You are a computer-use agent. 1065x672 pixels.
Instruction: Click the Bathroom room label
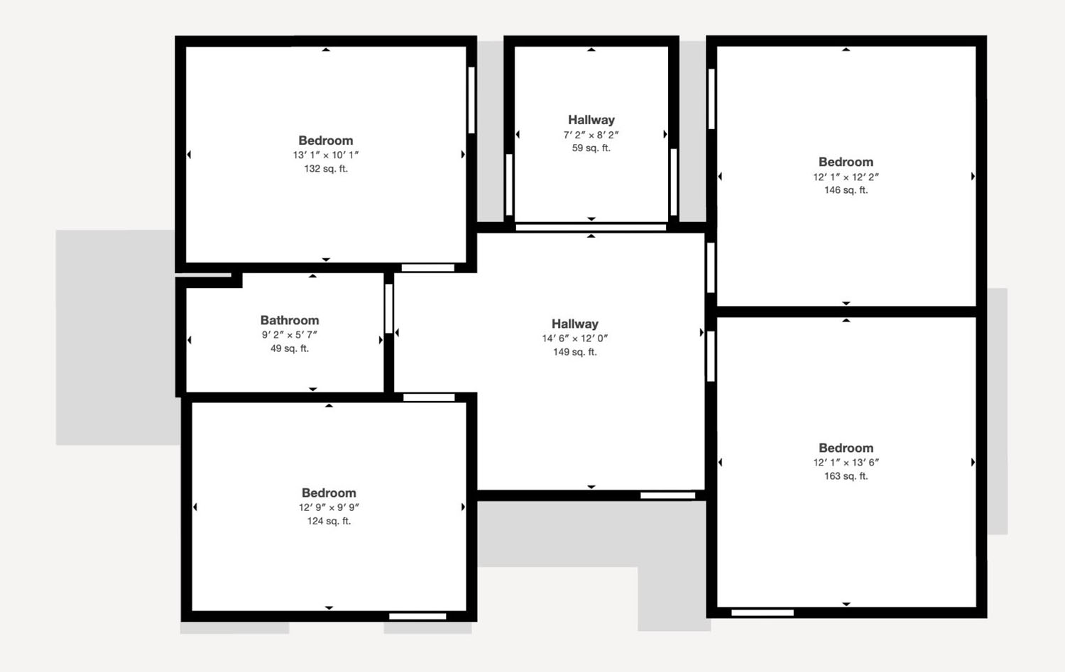290,320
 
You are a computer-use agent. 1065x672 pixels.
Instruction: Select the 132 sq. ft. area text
326,169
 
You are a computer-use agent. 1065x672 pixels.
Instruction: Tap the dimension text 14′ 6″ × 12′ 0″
575,338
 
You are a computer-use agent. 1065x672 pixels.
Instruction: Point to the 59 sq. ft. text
591,148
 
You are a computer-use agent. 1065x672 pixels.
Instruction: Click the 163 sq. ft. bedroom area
846,476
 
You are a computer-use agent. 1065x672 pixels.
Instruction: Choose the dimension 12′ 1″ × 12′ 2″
846,177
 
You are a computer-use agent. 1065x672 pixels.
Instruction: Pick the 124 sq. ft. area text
329,522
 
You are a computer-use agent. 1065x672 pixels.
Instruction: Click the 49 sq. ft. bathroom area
290,348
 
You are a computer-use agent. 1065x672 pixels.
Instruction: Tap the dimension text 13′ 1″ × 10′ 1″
326,155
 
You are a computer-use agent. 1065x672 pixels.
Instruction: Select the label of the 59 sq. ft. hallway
591,120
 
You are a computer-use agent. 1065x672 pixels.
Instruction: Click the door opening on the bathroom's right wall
389,309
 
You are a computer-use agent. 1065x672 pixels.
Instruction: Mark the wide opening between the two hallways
591,228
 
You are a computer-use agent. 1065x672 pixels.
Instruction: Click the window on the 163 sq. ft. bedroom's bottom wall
763,612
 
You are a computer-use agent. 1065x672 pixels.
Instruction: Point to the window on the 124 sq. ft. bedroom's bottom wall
417,617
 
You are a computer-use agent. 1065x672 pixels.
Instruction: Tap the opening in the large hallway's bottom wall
668,496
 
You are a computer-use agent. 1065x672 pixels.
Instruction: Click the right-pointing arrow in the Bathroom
381,340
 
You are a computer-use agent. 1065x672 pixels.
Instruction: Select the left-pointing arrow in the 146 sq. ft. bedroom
720,177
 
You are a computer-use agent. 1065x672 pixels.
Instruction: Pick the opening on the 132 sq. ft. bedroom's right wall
471,100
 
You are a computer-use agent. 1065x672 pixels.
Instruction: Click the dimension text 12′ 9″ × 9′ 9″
329,507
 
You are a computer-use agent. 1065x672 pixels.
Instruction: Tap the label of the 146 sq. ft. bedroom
846,162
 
